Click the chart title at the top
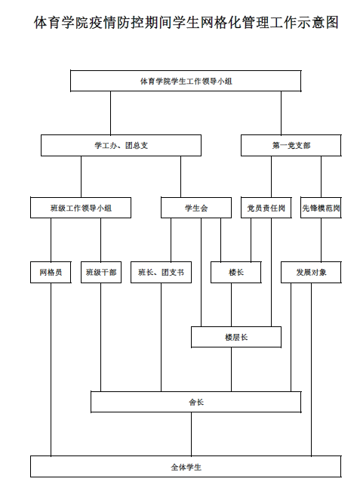pos(186,23)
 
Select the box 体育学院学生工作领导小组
pos(186,81)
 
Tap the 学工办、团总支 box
pos(121,145)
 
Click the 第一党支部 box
pos(291,145)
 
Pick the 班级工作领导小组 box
pos(81,208)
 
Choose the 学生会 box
pos(196,208)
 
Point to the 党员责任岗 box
pos(266,208)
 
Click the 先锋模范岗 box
pos(321,208)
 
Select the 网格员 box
pos(51,273)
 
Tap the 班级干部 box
pos(101,273)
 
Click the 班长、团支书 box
pos(161,273)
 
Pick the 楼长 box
pos(235,273)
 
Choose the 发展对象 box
pos(311,273)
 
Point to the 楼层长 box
pos(236,337)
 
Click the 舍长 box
pos(196,402)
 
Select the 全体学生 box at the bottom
pos(186,467)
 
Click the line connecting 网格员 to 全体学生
pos(51,369)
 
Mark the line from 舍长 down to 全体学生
pos(192,434)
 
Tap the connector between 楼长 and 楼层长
pos(232,304)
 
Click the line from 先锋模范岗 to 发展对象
pos(322,240)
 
